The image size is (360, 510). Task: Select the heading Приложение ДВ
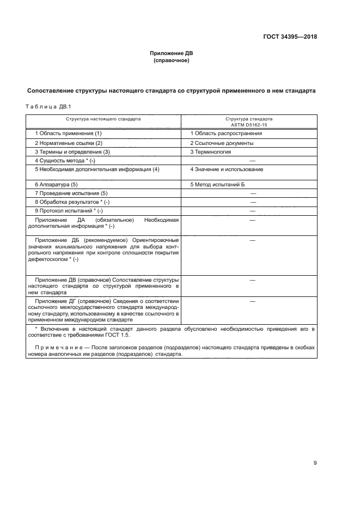172,53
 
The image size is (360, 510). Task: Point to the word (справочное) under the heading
172,60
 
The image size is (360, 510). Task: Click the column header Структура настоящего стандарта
103,118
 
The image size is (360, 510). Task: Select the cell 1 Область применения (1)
68,133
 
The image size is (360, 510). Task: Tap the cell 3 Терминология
210,152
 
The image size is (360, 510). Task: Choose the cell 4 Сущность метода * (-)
65,161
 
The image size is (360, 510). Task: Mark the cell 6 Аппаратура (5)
56,185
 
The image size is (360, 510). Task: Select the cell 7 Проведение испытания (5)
71,193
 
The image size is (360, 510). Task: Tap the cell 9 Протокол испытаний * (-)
68,211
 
